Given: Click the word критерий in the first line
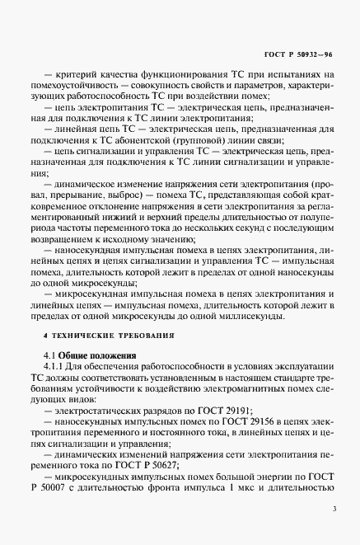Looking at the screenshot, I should coord(77,75).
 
